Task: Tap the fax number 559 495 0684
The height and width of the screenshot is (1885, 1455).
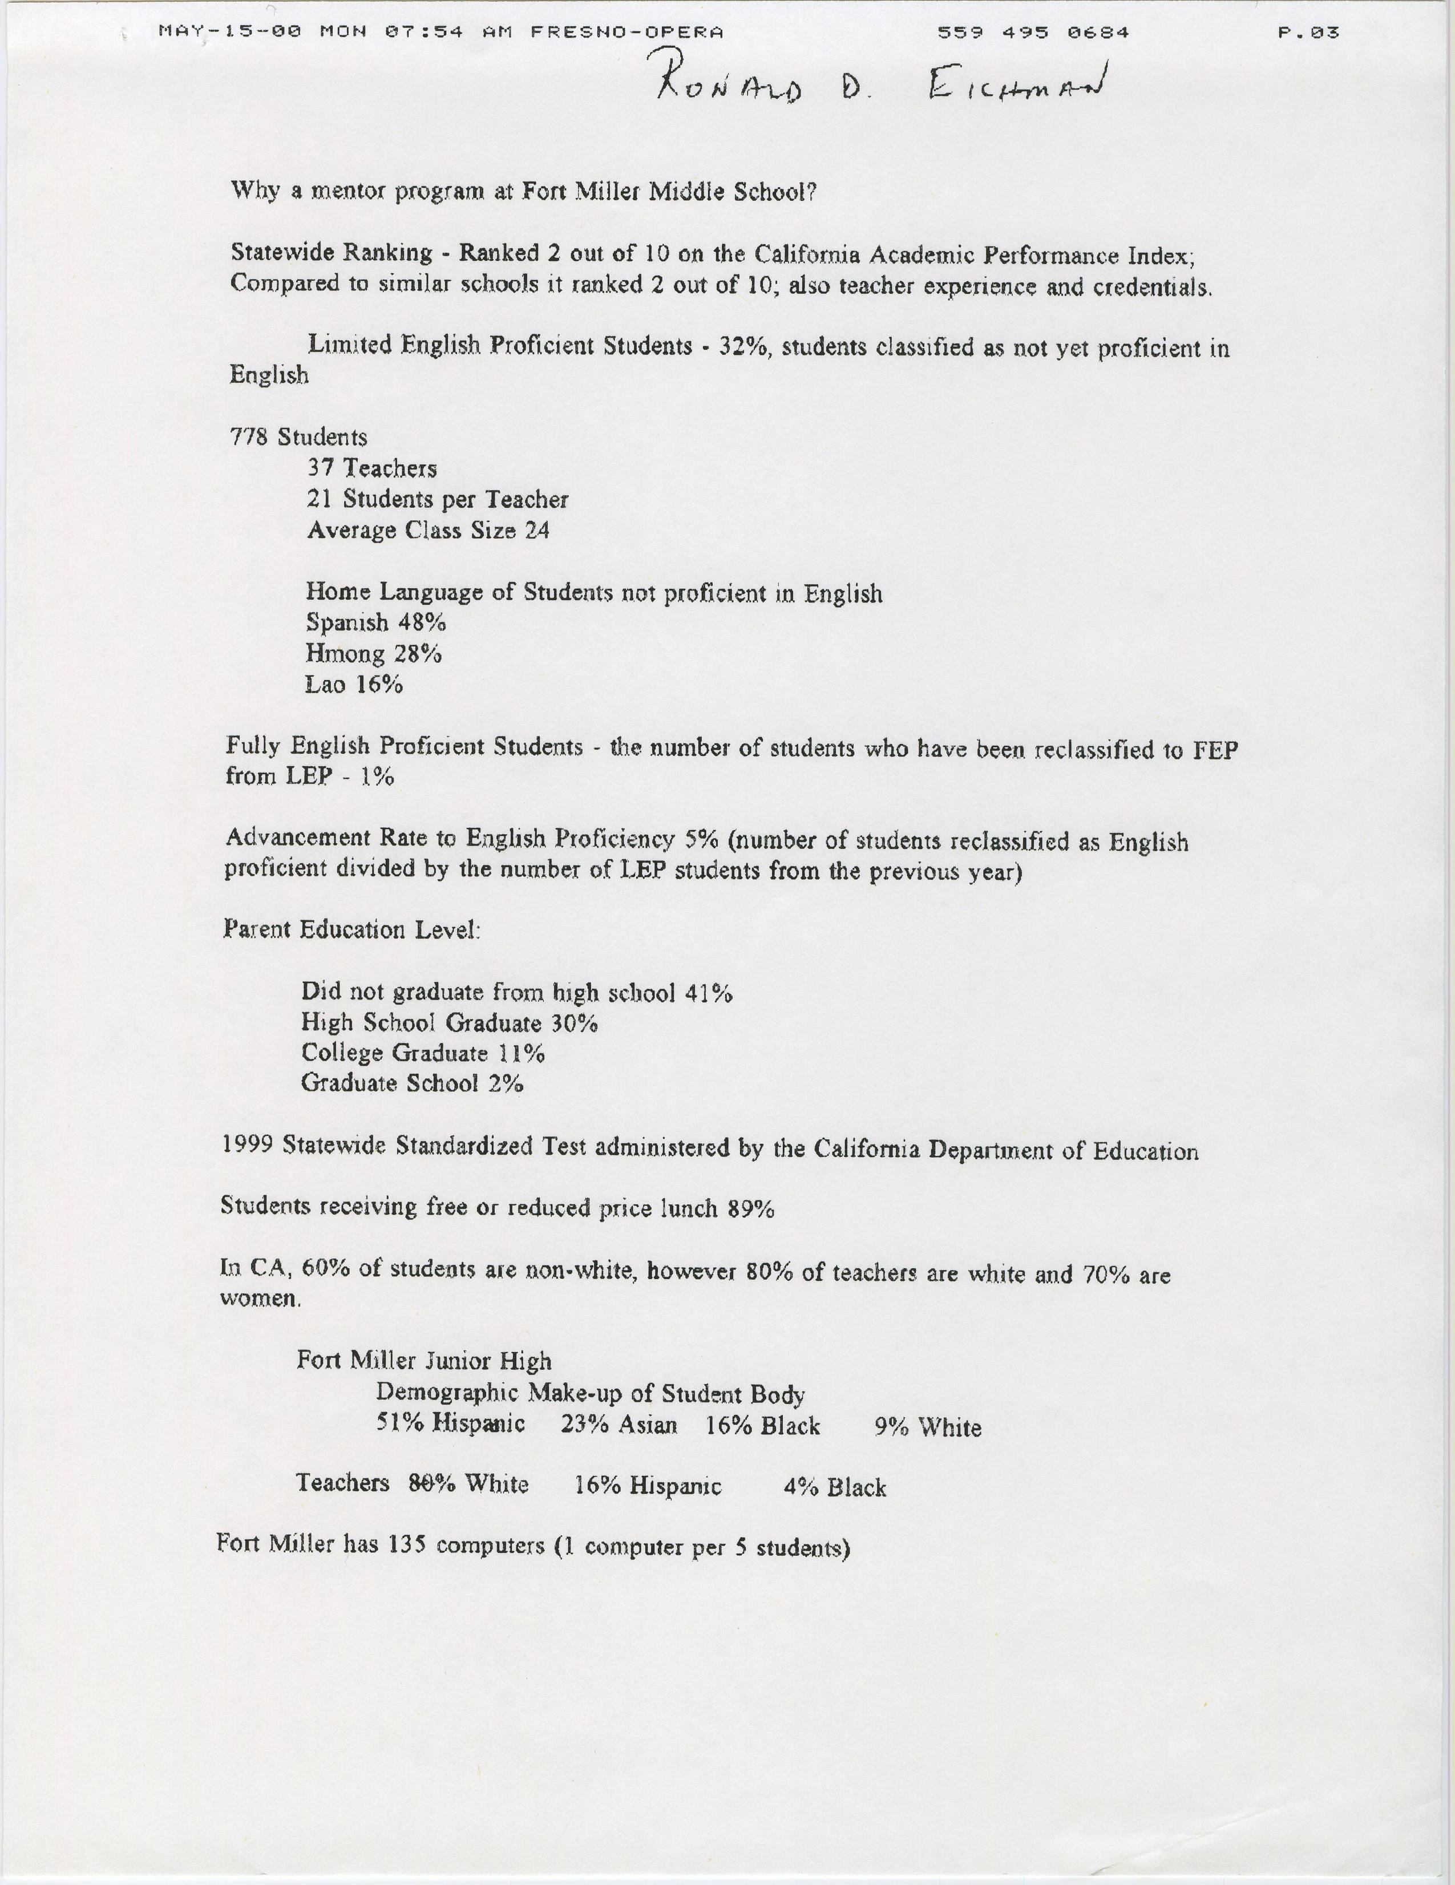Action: coord(1033,33)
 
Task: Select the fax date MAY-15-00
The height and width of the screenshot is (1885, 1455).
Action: coord(231,32)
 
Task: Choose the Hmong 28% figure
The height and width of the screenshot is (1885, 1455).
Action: coord(419,653)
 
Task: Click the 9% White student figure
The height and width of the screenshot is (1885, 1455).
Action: coord(891,1427)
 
